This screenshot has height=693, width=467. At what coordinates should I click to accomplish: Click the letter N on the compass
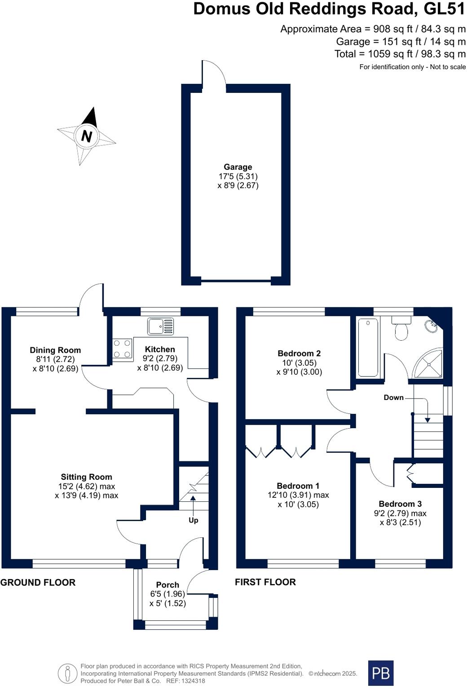(x=87, y=136)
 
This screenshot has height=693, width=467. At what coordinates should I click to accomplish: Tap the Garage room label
(x=238, y=167)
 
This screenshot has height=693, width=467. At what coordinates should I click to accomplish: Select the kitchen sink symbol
(x=160, y=326)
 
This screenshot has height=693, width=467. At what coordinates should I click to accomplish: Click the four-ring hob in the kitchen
(x=122, y=349)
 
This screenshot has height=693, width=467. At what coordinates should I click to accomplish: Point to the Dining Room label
(x=55, y=350)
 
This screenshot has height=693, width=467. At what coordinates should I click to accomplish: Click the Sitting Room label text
(x=87, y=477)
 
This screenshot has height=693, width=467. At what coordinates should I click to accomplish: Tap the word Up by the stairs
(x=193, y=520)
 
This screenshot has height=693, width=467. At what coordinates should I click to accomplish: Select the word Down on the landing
(x=393, y=398)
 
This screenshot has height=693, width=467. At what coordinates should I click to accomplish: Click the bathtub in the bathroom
(x=368, y=347)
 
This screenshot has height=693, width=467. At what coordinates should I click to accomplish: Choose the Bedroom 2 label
(x=299, y=353)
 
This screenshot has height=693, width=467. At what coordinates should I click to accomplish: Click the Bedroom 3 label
(x=400, y=504)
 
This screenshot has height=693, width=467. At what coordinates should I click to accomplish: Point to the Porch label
(x=167, y=585)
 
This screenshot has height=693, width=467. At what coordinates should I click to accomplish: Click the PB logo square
(x=381, y=673)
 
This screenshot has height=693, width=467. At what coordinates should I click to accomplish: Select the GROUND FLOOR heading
(x=38, y=583)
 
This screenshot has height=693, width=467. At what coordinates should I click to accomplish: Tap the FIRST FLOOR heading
(x=265, y=582)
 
